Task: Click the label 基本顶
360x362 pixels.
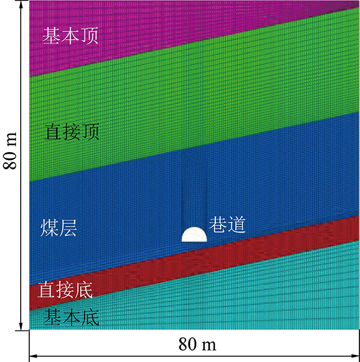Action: click(x=71, y=37)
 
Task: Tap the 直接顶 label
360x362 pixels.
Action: click(x=72, y=133)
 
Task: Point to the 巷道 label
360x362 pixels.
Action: click(x=227, y=224)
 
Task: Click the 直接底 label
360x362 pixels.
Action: click(x=65, y=290)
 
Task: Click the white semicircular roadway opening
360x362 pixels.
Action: click(x=194, y=235)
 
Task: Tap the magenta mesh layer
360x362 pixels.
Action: click(x=172, y=29)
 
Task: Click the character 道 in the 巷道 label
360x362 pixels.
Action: click(x=237, y=224)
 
